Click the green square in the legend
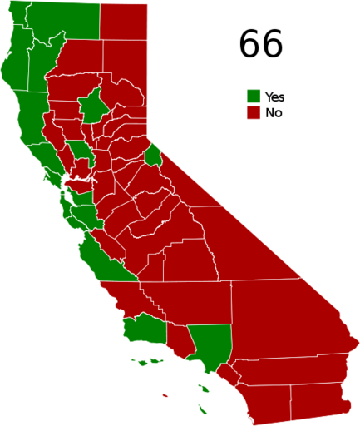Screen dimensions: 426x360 pos(254,96)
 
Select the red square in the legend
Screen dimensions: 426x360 pos(254,112)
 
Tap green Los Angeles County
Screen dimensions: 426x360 pos(210,344)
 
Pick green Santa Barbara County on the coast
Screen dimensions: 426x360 pos(141,327)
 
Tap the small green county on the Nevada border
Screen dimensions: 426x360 pos(154,156)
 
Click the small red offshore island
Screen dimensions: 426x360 pos(165,395)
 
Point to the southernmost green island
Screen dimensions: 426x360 pos(203,409)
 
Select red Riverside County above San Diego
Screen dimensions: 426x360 pos(291,365)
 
